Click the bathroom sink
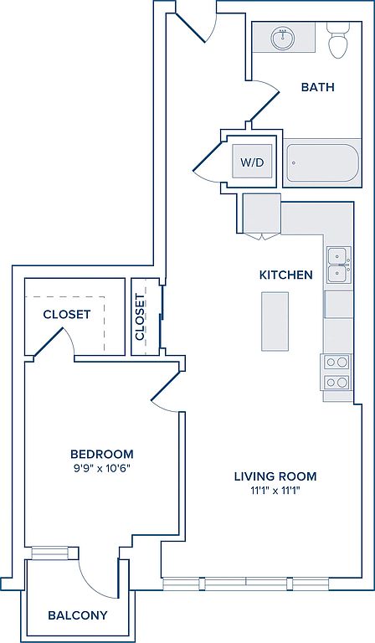282,39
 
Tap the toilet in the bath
338,40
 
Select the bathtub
321,162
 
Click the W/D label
252,162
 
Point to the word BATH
317,87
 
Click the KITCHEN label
285,275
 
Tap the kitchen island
275,321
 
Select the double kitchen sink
339,265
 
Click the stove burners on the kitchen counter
336,373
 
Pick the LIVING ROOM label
275,476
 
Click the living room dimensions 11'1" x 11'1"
275,491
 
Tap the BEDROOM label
102,454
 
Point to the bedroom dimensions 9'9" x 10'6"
102,468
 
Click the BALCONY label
78,615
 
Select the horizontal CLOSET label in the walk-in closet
67,315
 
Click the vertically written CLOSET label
140,317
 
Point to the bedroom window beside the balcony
49,553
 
